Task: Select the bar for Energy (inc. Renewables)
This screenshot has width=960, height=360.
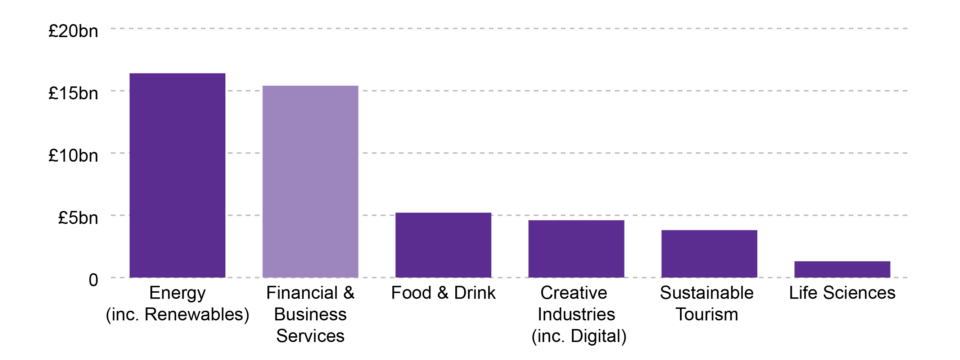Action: coord(177,175)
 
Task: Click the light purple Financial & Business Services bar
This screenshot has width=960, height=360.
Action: coord(310,181)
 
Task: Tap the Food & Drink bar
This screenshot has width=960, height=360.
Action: coord(443,245)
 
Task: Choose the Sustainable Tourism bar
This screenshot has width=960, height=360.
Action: coord(709,253)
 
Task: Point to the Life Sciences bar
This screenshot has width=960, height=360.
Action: coord(842,269)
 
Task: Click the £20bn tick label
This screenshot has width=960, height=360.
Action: coord(73,31)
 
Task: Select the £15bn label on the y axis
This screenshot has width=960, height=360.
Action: coord(73,93)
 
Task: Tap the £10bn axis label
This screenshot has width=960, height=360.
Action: coord(73,156)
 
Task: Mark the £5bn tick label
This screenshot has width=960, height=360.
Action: coord(78,218)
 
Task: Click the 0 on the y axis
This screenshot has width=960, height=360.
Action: coord(93,280)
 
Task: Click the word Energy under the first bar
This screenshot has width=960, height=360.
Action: coord(177,293)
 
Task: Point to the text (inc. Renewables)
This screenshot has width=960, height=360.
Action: coord(177,314)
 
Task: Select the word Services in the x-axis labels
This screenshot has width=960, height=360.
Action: coord(310,336)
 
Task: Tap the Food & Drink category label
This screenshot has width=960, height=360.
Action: coord(443,293)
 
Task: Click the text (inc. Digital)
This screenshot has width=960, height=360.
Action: coord(579,336)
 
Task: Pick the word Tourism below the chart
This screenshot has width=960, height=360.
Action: coord(707,314)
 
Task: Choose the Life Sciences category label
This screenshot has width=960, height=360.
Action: coord(842,293)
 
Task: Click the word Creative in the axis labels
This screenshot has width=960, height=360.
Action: coord(574,293)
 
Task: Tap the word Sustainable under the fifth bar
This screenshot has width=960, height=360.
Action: coord(707,293)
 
